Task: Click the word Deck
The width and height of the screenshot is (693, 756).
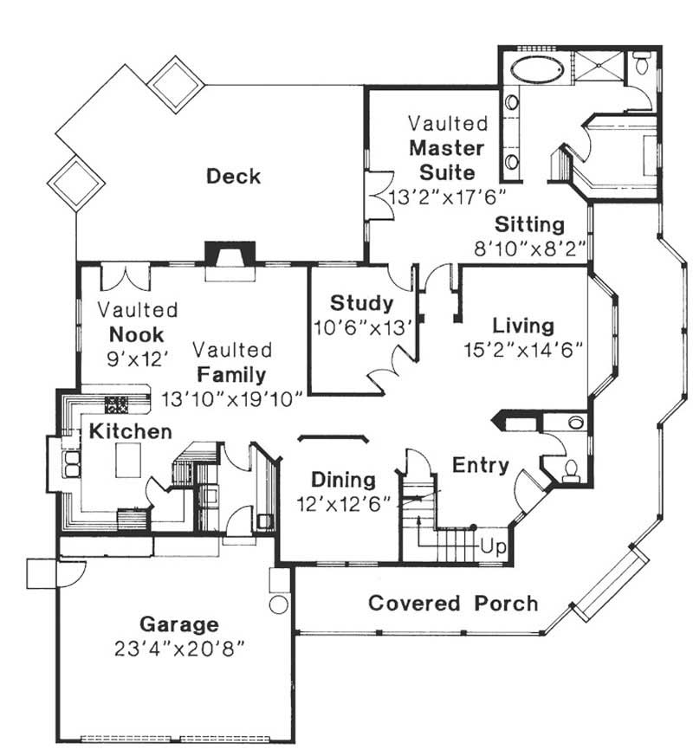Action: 233,177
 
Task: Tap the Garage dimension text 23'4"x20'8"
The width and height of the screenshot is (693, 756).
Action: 180,648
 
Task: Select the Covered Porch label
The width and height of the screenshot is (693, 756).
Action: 453,603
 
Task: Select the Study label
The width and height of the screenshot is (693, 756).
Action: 361,304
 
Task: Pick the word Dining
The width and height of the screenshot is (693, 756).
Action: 343,480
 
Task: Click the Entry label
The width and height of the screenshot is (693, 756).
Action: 481,465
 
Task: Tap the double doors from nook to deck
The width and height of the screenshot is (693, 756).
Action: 126,277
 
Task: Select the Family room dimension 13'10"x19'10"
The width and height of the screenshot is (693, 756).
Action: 232,398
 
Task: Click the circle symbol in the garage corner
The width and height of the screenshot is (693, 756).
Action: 278,604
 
